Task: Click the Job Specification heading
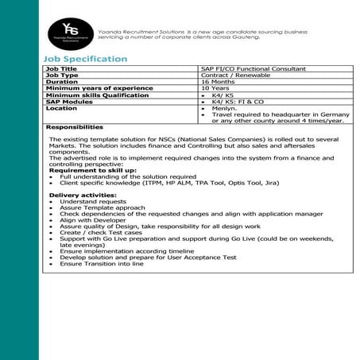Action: coord(85,59)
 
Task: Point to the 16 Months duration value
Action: coord(218,82)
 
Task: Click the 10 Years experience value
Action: coord(215,88)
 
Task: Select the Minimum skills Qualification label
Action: coord(97,95)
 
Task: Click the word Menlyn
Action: coord(223,108)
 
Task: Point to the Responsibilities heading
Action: coord(75,126)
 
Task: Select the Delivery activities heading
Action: coord(83,195)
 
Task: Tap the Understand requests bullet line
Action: coord(92,201)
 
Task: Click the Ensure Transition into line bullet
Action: coord(101,263)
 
